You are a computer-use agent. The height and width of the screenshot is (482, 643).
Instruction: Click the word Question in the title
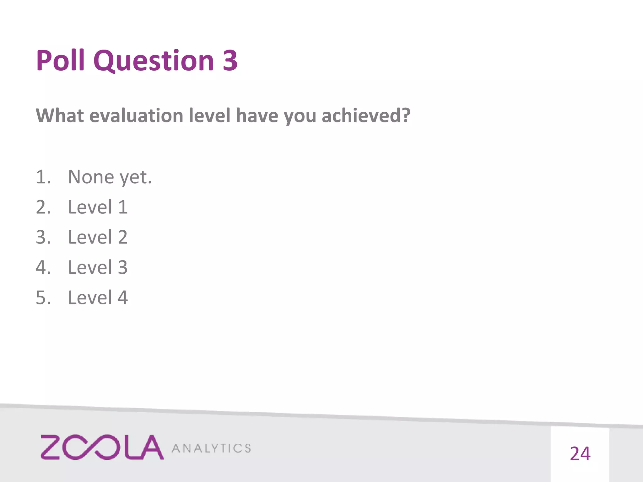[x=153, y=61]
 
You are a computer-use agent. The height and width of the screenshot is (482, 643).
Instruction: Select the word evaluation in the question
[x=136, y=115]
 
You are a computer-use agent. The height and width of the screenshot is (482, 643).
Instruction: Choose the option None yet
[x=110, y=177]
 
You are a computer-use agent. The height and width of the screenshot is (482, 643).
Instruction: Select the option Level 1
[x=98, y=207]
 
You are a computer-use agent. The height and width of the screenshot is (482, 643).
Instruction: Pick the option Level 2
[x=98, y=237]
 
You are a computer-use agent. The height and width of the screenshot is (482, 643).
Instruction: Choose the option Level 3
[x=98, y=267]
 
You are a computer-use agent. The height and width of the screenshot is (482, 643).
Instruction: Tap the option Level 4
[x=98, y=297]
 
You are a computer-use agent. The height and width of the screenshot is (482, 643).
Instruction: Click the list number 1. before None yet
[x=43, y=177]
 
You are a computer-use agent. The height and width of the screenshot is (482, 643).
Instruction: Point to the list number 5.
[x=43, y=297]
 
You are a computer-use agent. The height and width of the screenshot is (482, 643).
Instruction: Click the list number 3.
[x=43, y=237]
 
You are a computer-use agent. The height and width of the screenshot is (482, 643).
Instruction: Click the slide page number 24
[x=580, y=454]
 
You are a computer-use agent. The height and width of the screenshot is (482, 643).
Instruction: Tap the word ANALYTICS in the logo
[x=211, y=448]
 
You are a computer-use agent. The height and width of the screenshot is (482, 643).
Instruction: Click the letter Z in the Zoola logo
[x=50, y=447]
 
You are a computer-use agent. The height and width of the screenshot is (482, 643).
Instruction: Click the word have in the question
[x=257, y=115]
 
